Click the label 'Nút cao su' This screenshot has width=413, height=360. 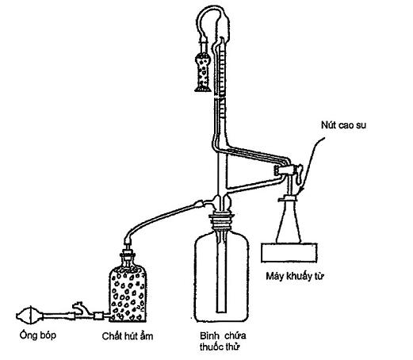tap(343, 125)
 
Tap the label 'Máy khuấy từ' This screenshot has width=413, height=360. tap(295, 276)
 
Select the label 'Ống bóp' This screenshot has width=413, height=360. tap(38, 335)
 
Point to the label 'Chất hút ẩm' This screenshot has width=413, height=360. tap(128, 336)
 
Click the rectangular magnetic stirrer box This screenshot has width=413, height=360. tap(289, 253)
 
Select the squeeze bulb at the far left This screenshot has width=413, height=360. tap(29, 315)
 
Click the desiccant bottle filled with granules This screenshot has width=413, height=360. tap(128, 292)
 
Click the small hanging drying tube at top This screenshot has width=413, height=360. tap(203, 71)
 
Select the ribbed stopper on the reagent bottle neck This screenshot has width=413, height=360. tap(221, 221)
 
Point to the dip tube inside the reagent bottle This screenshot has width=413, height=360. tap(221, 272)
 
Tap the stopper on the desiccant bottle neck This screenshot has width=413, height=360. tap(128, 256)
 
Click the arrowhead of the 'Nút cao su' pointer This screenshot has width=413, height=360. tap(301, 191)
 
